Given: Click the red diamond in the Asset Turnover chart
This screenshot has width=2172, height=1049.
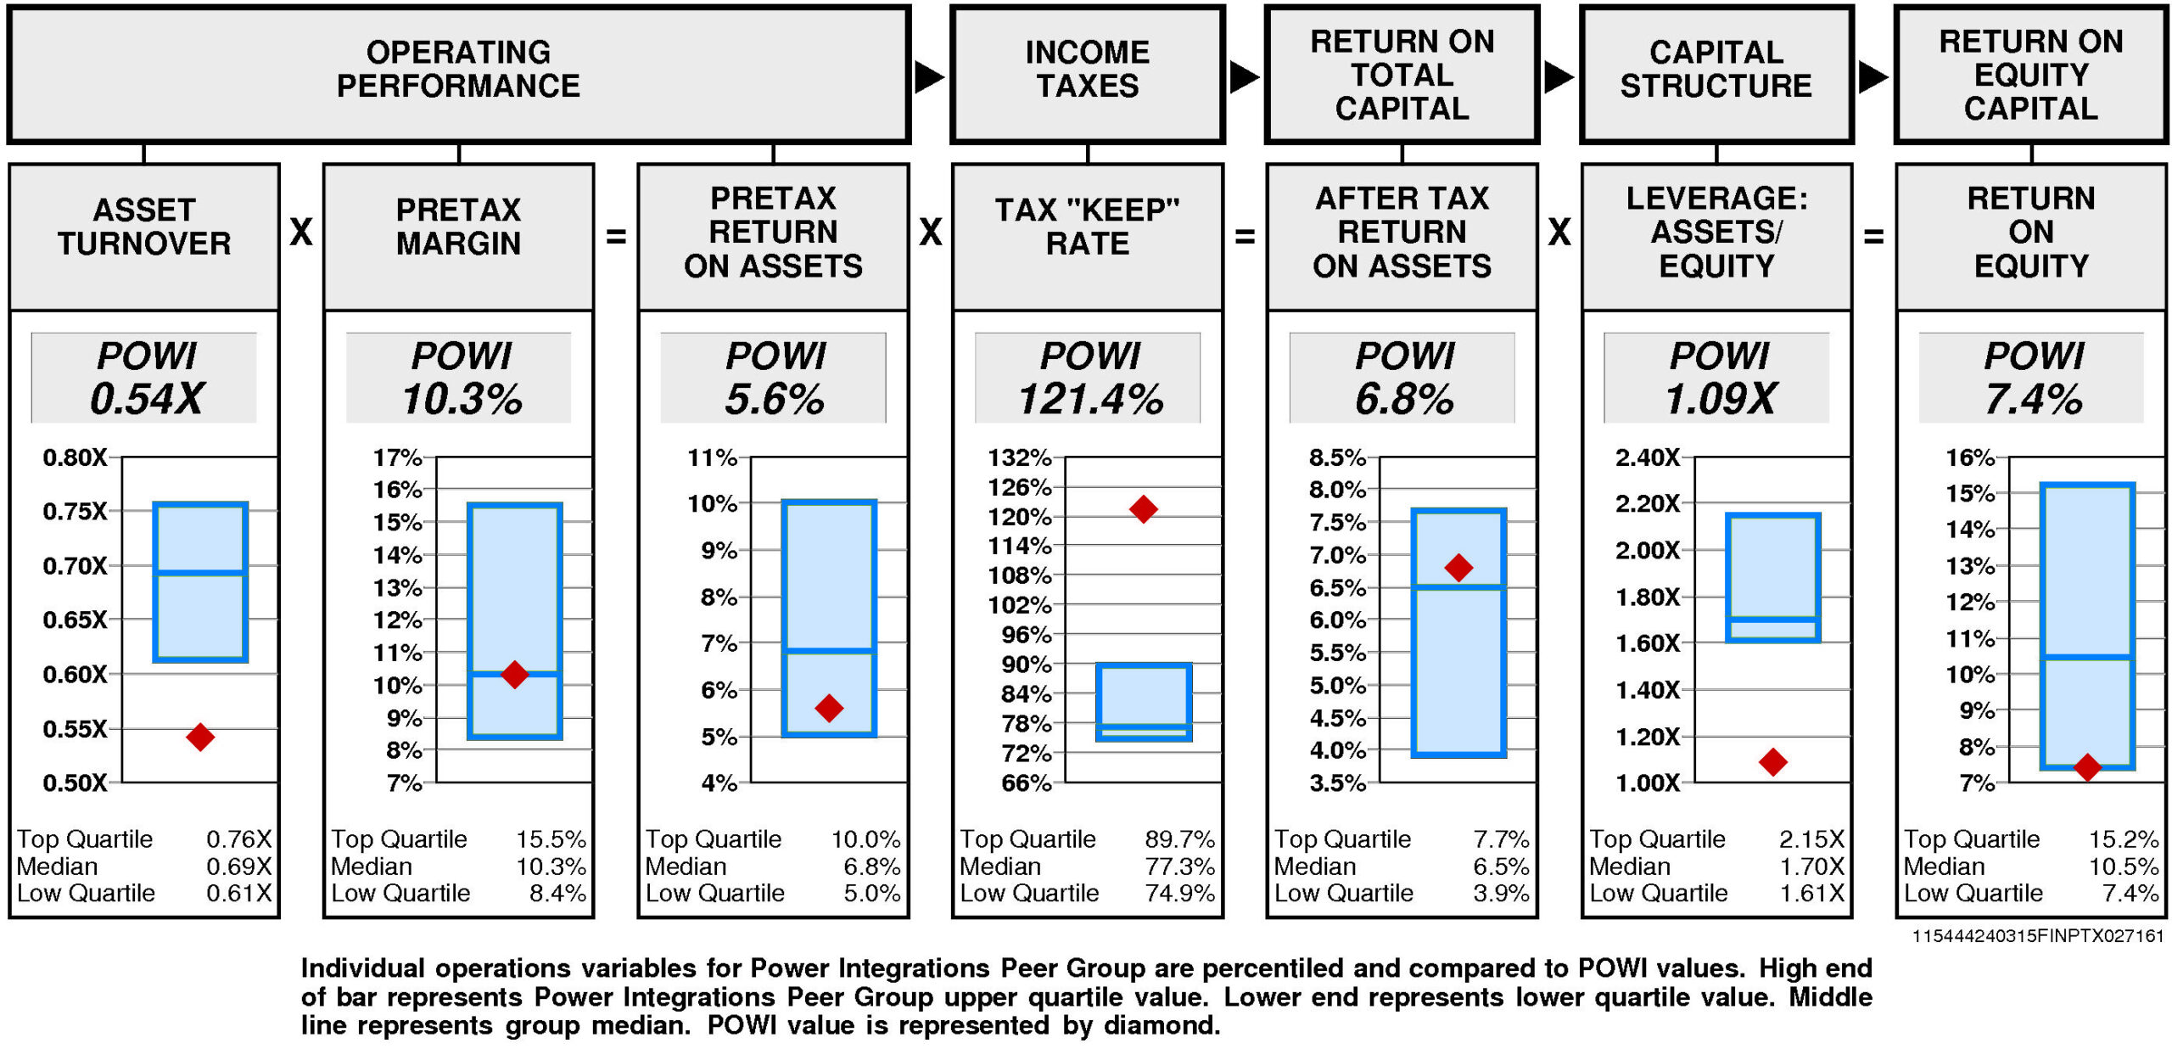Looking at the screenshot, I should click(x=200, y=737).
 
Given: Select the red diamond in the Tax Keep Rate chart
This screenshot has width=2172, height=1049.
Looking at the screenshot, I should click(x=1143, y=509).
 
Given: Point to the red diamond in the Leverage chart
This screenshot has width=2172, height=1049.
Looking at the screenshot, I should click(x=1772, y=762).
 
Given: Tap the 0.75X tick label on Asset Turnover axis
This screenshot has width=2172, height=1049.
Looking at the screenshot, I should click(x=76, y=511).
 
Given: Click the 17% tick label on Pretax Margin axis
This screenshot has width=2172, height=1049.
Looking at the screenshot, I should click(x=397, y=457).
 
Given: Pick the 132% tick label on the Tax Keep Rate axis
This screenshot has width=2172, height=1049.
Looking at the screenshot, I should click(x=1019, y=457).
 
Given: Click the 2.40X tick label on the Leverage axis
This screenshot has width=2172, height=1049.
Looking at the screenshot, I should click(x=1647, y=457).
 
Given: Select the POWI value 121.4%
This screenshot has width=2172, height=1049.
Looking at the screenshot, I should click(x=1090, y=399).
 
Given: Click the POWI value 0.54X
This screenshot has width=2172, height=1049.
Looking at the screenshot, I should click(x=147, y=399).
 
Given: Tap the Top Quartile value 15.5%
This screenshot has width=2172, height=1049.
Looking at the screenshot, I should click(x=551, y=839).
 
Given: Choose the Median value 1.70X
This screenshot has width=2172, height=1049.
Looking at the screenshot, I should click(x=1811, y=867).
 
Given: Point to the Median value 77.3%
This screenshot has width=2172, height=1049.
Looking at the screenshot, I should click(x=1179, y=867).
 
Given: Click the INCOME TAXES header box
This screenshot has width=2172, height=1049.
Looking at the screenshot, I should click(x=1088, y=74).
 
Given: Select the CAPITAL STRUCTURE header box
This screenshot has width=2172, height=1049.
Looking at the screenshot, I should click(x=1716, y=74).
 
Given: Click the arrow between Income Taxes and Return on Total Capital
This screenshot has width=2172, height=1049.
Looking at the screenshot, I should click(x=1244, y=77).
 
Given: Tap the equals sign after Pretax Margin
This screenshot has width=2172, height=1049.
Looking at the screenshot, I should click(x=616, y=236).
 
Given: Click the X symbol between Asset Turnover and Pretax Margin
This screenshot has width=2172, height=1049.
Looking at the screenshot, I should click(x=301, y=232).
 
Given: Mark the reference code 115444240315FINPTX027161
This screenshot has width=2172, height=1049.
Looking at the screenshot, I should click(x=2037, y=936).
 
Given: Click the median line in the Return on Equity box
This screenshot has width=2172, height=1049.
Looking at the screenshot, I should click(x=2087, y=658).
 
